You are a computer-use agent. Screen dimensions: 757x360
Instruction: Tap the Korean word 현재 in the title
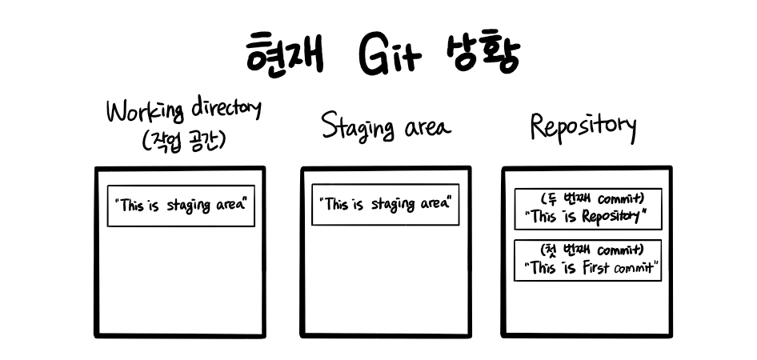point(285,54)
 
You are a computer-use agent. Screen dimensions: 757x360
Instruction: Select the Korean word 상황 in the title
point(482,54)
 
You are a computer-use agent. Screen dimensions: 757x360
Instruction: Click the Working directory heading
point(184,112)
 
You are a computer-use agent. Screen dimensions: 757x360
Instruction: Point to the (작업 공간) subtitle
point(183,142)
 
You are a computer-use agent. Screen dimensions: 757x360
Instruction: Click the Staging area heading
point(386,126)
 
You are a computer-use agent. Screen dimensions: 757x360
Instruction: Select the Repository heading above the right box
point(583,126)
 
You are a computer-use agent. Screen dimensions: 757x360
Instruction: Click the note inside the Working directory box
point(181,206)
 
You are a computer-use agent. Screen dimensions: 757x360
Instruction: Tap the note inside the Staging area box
point(386,204)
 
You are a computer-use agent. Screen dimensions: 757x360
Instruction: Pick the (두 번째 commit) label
point(588,198)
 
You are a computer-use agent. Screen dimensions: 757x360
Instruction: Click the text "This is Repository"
point(588,216)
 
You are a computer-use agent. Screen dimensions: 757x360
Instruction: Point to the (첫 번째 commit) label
point(588,250)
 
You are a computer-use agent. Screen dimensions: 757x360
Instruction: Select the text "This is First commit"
point(588,268)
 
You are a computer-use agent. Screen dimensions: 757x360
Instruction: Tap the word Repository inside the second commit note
point(611,216)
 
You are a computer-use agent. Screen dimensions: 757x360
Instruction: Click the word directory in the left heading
point(226,110)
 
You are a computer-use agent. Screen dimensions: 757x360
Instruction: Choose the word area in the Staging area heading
point(425,128)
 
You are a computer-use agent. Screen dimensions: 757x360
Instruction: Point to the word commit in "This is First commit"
point(635,269)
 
